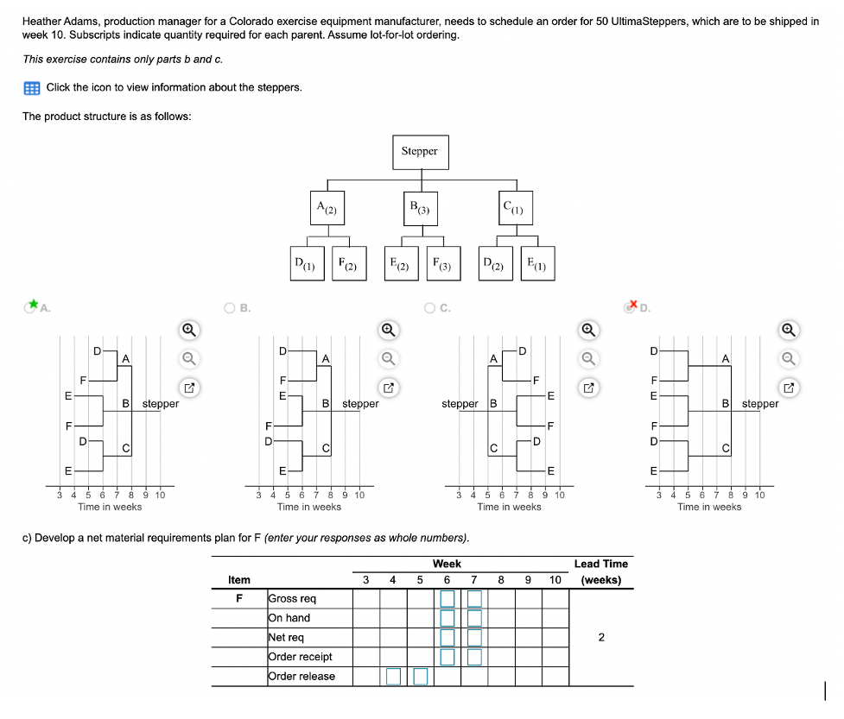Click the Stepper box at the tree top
[420, 152]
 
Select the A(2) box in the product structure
[328, 208]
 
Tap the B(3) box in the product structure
[420, 208]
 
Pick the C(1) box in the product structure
[517, 208]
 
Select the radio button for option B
[230, 307]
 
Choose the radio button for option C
[430, 307]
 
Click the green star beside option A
[34, 305]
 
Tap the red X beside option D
[633, 305]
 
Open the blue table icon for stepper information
[32, 87]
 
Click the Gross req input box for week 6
[447, 598]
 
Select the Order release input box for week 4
[393, 676]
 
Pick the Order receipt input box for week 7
[474, 657]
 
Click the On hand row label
[289, 618]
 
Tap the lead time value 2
[601, 638]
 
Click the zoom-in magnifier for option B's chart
[389, 329]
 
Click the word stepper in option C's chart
[460, 404]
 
